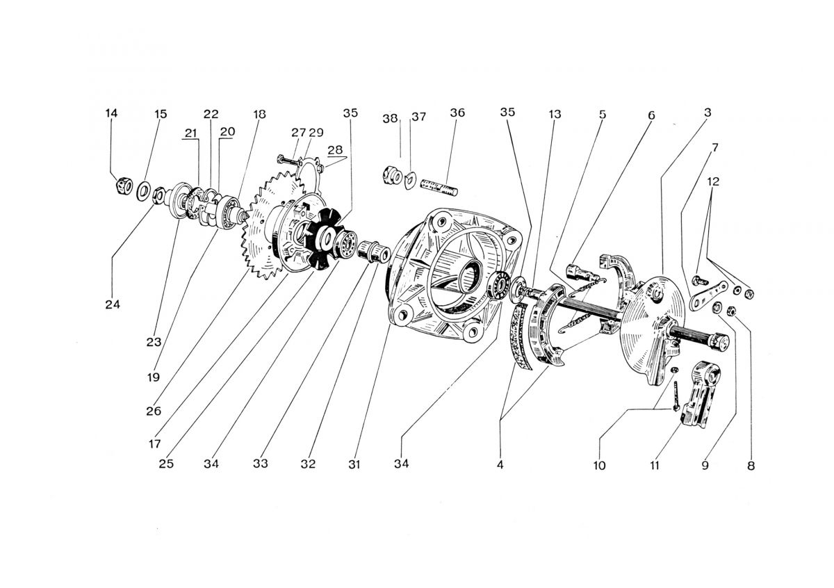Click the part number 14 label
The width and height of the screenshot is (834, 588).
[111, 113]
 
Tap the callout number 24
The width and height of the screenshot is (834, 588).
[113, 304]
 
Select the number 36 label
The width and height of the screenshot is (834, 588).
[457, 113]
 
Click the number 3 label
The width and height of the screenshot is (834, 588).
[707, 112]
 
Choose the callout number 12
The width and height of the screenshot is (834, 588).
[713, 181]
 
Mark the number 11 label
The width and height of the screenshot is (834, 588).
[654, 465]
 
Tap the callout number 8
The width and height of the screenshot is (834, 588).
[751, 466]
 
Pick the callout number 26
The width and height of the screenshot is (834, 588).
[154, 411]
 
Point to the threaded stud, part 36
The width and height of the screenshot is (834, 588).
[440, 186]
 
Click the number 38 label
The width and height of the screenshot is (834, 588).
[391, 118]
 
